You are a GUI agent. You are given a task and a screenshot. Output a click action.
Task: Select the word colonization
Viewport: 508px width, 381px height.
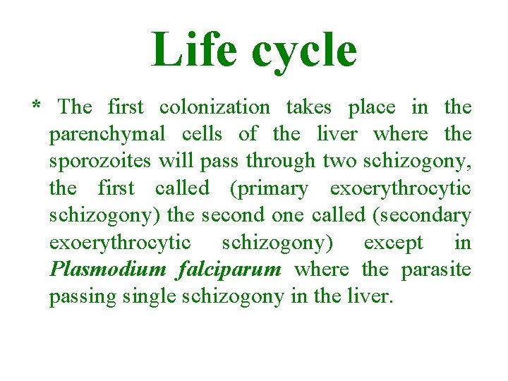pos(214,107)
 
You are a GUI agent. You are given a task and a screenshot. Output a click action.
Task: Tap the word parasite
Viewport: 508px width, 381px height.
pos(436,270)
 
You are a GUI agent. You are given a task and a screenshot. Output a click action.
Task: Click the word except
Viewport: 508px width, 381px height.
pos(393,243)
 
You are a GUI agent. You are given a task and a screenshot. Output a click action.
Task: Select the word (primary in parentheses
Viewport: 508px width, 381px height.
pos(267,189)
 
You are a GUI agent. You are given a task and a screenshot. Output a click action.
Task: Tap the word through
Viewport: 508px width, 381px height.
pos(281,162)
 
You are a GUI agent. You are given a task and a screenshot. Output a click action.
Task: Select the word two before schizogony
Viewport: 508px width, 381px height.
pos(340,162)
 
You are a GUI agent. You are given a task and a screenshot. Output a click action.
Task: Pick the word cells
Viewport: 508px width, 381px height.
pos(202,134)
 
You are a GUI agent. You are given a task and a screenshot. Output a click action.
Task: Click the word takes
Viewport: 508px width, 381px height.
pos(309,107)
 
